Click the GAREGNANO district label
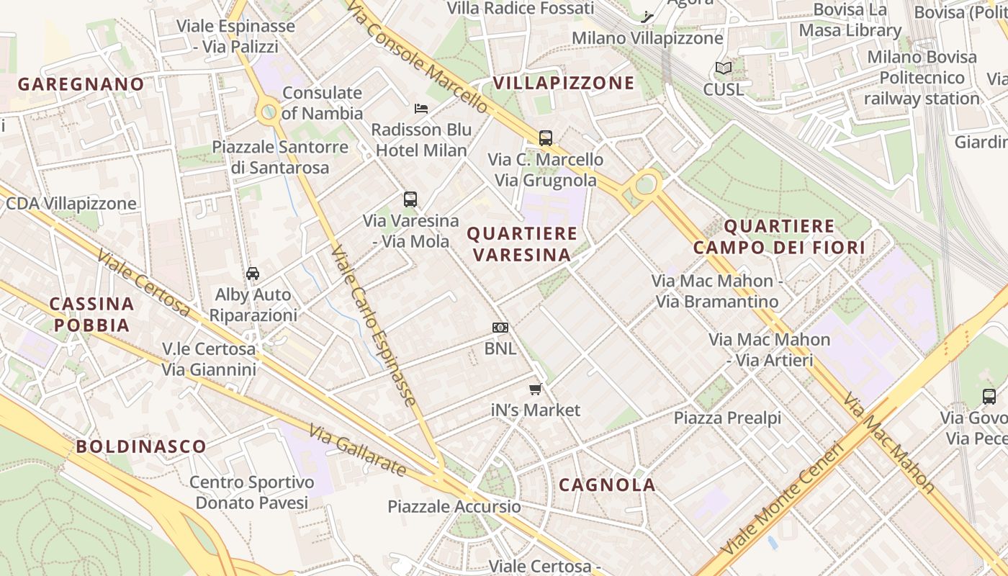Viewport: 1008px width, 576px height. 81,84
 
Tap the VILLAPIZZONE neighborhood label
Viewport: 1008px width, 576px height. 564,83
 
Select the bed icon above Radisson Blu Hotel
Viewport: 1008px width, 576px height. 421,109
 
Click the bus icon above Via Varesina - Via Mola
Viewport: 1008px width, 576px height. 410,199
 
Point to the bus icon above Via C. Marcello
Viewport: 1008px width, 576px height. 546,138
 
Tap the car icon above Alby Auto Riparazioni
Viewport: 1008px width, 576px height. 253,274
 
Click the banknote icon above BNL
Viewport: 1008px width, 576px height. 500,328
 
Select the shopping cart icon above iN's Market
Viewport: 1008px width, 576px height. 535,390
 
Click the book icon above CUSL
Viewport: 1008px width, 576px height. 724,68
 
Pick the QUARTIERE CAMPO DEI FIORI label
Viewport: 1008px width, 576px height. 778,237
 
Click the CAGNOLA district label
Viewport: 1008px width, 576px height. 607,485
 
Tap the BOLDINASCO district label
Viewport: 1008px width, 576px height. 141,446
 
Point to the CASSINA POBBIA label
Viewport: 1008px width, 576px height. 91,315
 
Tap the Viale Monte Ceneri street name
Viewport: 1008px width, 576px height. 782,499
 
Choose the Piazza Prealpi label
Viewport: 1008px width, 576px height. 727,418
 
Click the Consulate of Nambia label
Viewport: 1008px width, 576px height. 322,103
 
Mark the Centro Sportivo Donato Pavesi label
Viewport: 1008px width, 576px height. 251,492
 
